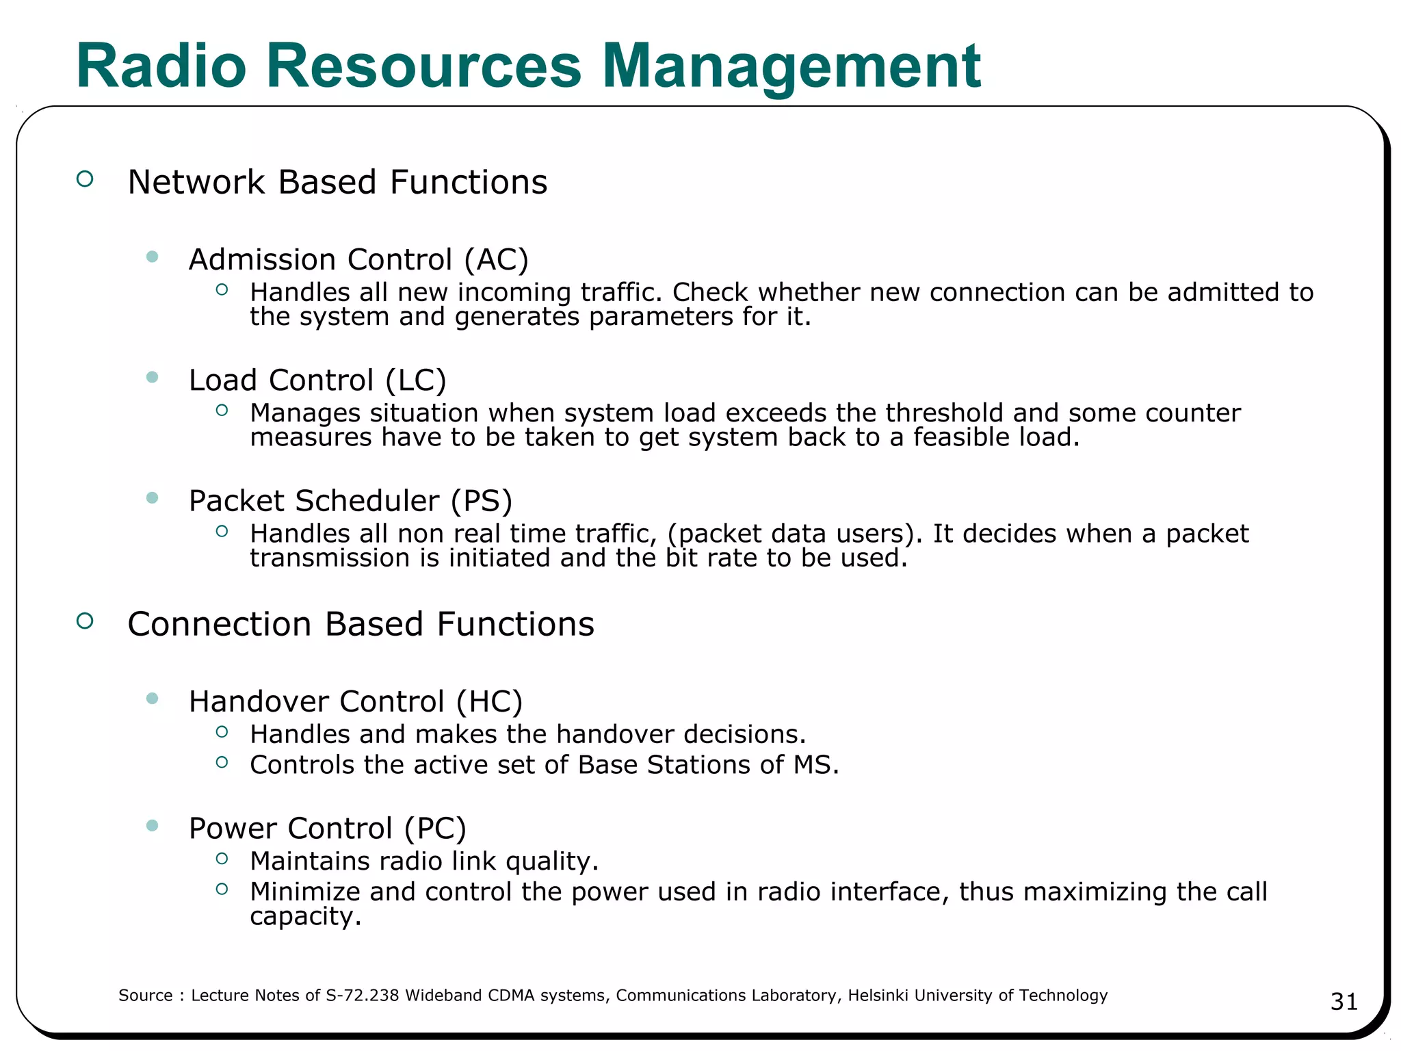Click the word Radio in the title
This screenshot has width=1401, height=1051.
161,66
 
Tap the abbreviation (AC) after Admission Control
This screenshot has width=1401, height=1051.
496,260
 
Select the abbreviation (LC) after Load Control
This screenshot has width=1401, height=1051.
416,380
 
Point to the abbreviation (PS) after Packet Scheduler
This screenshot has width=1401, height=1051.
482,501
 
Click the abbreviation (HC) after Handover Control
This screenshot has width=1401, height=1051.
490,702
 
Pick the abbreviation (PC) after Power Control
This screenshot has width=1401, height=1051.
435,829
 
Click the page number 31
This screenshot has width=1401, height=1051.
1344,1002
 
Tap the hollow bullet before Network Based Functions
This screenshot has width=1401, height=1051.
85,179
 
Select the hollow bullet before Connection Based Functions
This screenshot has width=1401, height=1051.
85,621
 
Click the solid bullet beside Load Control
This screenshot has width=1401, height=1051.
153,377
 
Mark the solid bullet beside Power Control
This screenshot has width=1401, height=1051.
153,826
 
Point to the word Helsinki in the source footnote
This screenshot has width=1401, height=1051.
878,996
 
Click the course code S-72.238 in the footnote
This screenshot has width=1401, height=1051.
363,996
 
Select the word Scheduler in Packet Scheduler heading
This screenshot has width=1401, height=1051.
367,501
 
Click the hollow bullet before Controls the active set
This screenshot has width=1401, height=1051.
222,762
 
